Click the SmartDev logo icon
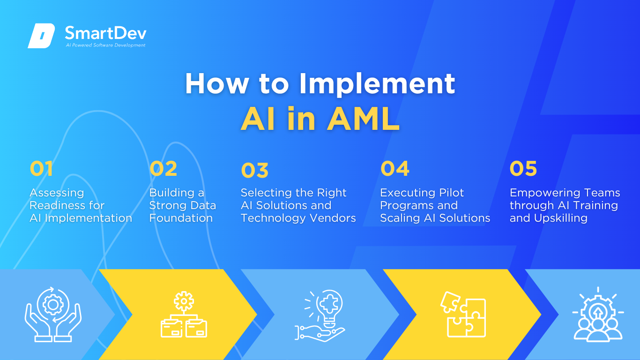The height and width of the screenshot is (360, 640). coord(41,36)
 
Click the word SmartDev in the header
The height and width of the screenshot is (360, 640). coord(106,33)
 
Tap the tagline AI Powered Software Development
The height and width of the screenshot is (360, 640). coord(106,45)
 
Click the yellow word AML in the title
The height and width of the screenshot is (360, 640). coord(363,119)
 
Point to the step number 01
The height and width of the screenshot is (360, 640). coord(41,168)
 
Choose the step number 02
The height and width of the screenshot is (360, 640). coord(164,168)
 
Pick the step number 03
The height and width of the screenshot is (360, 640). coord(255,170)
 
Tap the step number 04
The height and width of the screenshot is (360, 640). coord(395,168)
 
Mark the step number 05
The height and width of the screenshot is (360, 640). coord(523,168)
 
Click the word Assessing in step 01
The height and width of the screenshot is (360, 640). coord(57,193)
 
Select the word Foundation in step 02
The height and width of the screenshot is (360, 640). coord(181,218)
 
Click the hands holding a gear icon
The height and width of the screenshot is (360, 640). coord(53,315)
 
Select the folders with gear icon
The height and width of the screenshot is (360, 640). coord(184,314)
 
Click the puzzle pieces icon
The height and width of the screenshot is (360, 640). coord(463,315)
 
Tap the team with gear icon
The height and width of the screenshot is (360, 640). coord(598,314)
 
